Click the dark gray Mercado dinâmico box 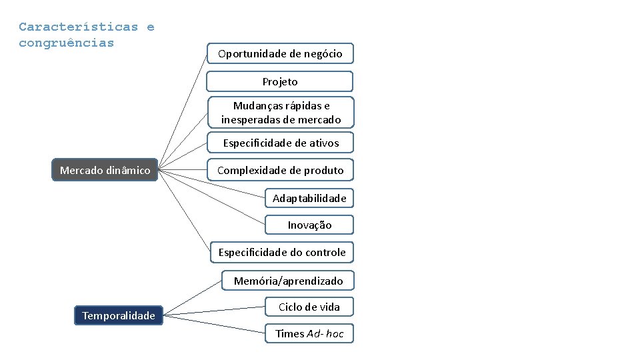pyautogui.click(x=105, y=170)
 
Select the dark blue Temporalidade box pyautogui.click(x=119, y=315)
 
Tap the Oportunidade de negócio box pyautogui.click(x=280, y=53)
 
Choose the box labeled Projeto pyautogui.click(x=280, y=81)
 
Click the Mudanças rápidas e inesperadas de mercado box pyautogui.click(x=281, y=112)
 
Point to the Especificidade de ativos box pyautogui.click(x=281, y=143)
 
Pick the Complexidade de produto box pyautogui.click(x=281, y=170)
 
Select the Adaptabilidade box pyautogui.click(x=309, y=198)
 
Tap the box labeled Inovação pyautogui.click(x=309, y=225)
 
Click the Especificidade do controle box pyautogui.click(x=282, y=252)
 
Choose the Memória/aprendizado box pyautogui.click(x=288, y=281)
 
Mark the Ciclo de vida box pyautogui.click(x=309, y=307)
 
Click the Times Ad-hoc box pyautogui.click(x=309, y=333)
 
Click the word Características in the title pyautogui.click(x=78, y=27)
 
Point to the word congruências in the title pyautogui.click(x=66, y=43)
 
